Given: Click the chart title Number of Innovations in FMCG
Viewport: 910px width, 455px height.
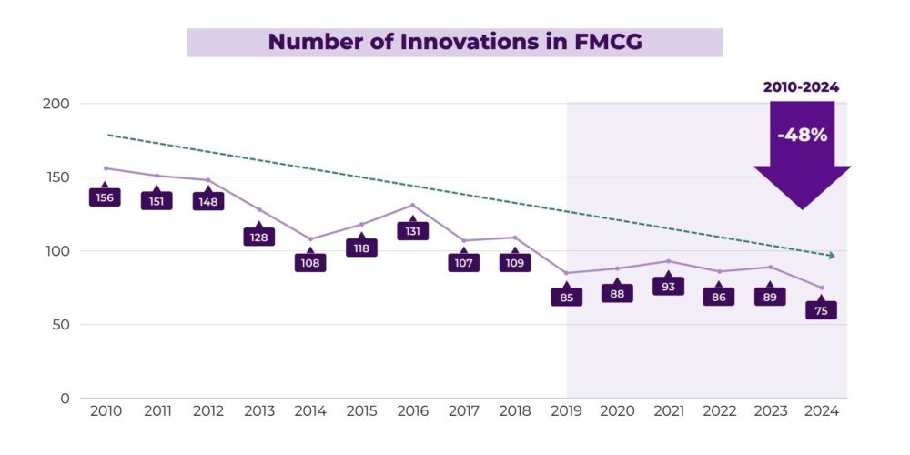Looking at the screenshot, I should [454, 42].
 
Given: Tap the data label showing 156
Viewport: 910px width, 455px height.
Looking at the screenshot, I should [106, 197].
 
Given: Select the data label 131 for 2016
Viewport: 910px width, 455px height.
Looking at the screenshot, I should [412, 232].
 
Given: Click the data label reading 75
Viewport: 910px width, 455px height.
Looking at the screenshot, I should [821, 311].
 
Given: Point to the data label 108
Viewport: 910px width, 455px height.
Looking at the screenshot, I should [310, 263].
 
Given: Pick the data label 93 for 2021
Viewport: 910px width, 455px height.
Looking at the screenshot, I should [668, 287].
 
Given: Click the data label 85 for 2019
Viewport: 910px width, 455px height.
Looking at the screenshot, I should [566, 297].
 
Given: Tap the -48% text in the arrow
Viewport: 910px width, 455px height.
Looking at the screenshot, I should [802, 135].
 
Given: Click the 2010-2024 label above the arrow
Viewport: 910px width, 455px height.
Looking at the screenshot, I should [801, 87].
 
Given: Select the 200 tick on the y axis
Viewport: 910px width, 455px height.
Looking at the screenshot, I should [56, 104].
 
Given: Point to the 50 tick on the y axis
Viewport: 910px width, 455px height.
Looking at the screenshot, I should [61, 325].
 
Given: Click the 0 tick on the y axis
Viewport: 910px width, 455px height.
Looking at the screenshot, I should [65, 399].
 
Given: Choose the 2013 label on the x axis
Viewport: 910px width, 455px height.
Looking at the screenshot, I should [258, 412].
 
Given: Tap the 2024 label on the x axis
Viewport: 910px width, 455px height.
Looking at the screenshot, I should [821, 412].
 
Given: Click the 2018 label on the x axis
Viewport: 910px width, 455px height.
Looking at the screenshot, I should [514, 412].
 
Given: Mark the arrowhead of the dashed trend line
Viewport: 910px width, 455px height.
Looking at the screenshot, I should [830, 256].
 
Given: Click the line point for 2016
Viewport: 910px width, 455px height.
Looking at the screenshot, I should [412, 205].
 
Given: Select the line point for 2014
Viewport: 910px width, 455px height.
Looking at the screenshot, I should [310, 239].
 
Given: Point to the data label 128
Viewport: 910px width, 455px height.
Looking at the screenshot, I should [259, 237].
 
